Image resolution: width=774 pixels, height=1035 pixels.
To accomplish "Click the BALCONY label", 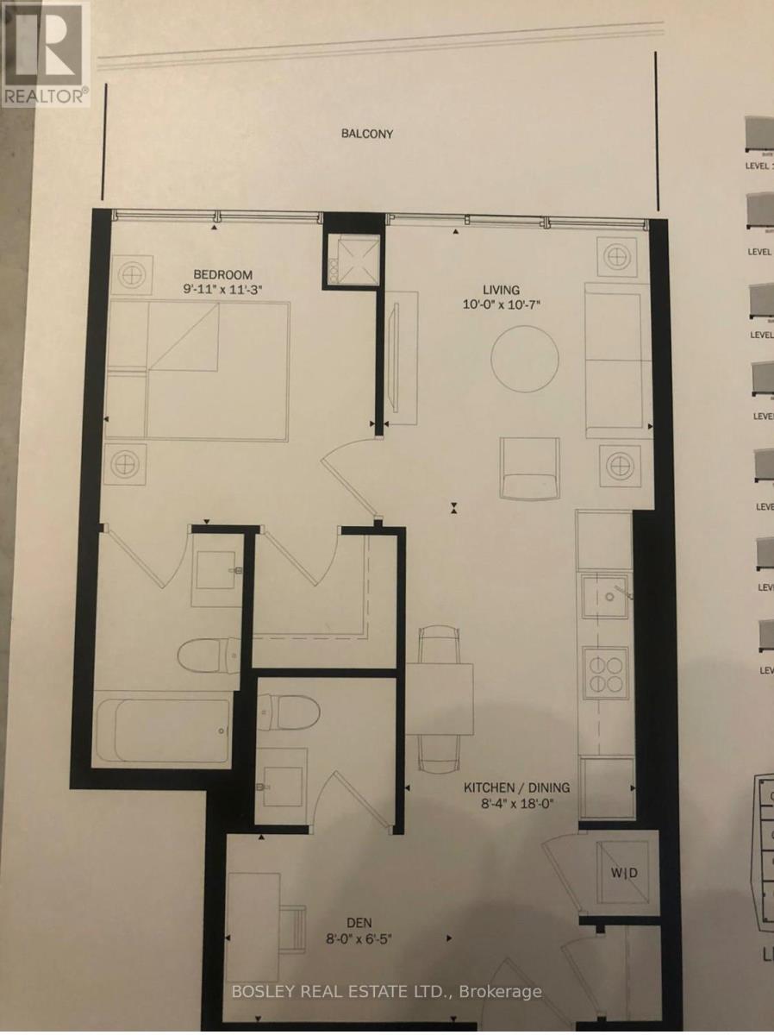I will (x=367, y=134).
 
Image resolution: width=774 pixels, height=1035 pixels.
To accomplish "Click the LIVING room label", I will (x=501, y=290).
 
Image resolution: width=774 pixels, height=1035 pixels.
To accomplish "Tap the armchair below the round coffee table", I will (x=530, y=467).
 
